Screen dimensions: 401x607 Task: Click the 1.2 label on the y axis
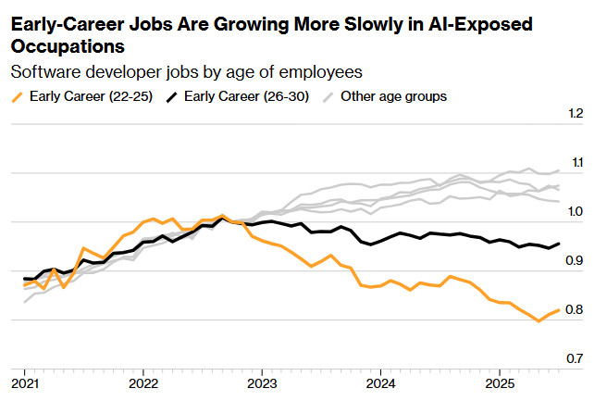point(577,114)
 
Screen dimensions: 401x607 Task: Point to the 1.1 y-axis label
point(577,163)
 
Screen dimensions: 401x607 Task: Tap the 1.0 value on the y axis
point(577,212)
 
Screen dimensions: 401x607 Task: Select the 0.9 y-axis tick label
point(577,261)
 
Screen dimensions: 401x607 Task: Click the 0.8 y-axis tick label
point(577,310)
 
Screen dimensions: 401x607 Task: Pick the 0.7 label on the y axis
point(577,359)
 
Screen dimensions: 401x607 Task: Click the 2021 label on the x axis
point(25,382)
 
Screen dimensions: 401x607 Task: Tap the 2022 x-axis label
point(143,382)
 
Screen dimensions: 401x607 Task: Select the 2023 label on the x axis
point(262,382)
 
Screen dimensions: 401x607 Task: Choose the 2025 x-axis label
point(500,382)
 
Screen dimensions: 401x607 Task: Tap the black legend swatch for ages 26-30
point(172,95)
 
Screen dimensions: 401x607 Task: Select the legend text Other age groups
point(394,94)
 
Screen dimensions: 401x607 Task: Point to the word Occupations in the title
point(68,44)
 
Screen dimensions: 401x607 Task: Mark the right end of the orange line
point(558,310)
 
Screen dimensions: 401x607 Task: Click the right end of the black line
point(558,244)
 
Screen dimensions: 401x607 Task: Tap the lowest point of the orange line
point(539,321)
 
